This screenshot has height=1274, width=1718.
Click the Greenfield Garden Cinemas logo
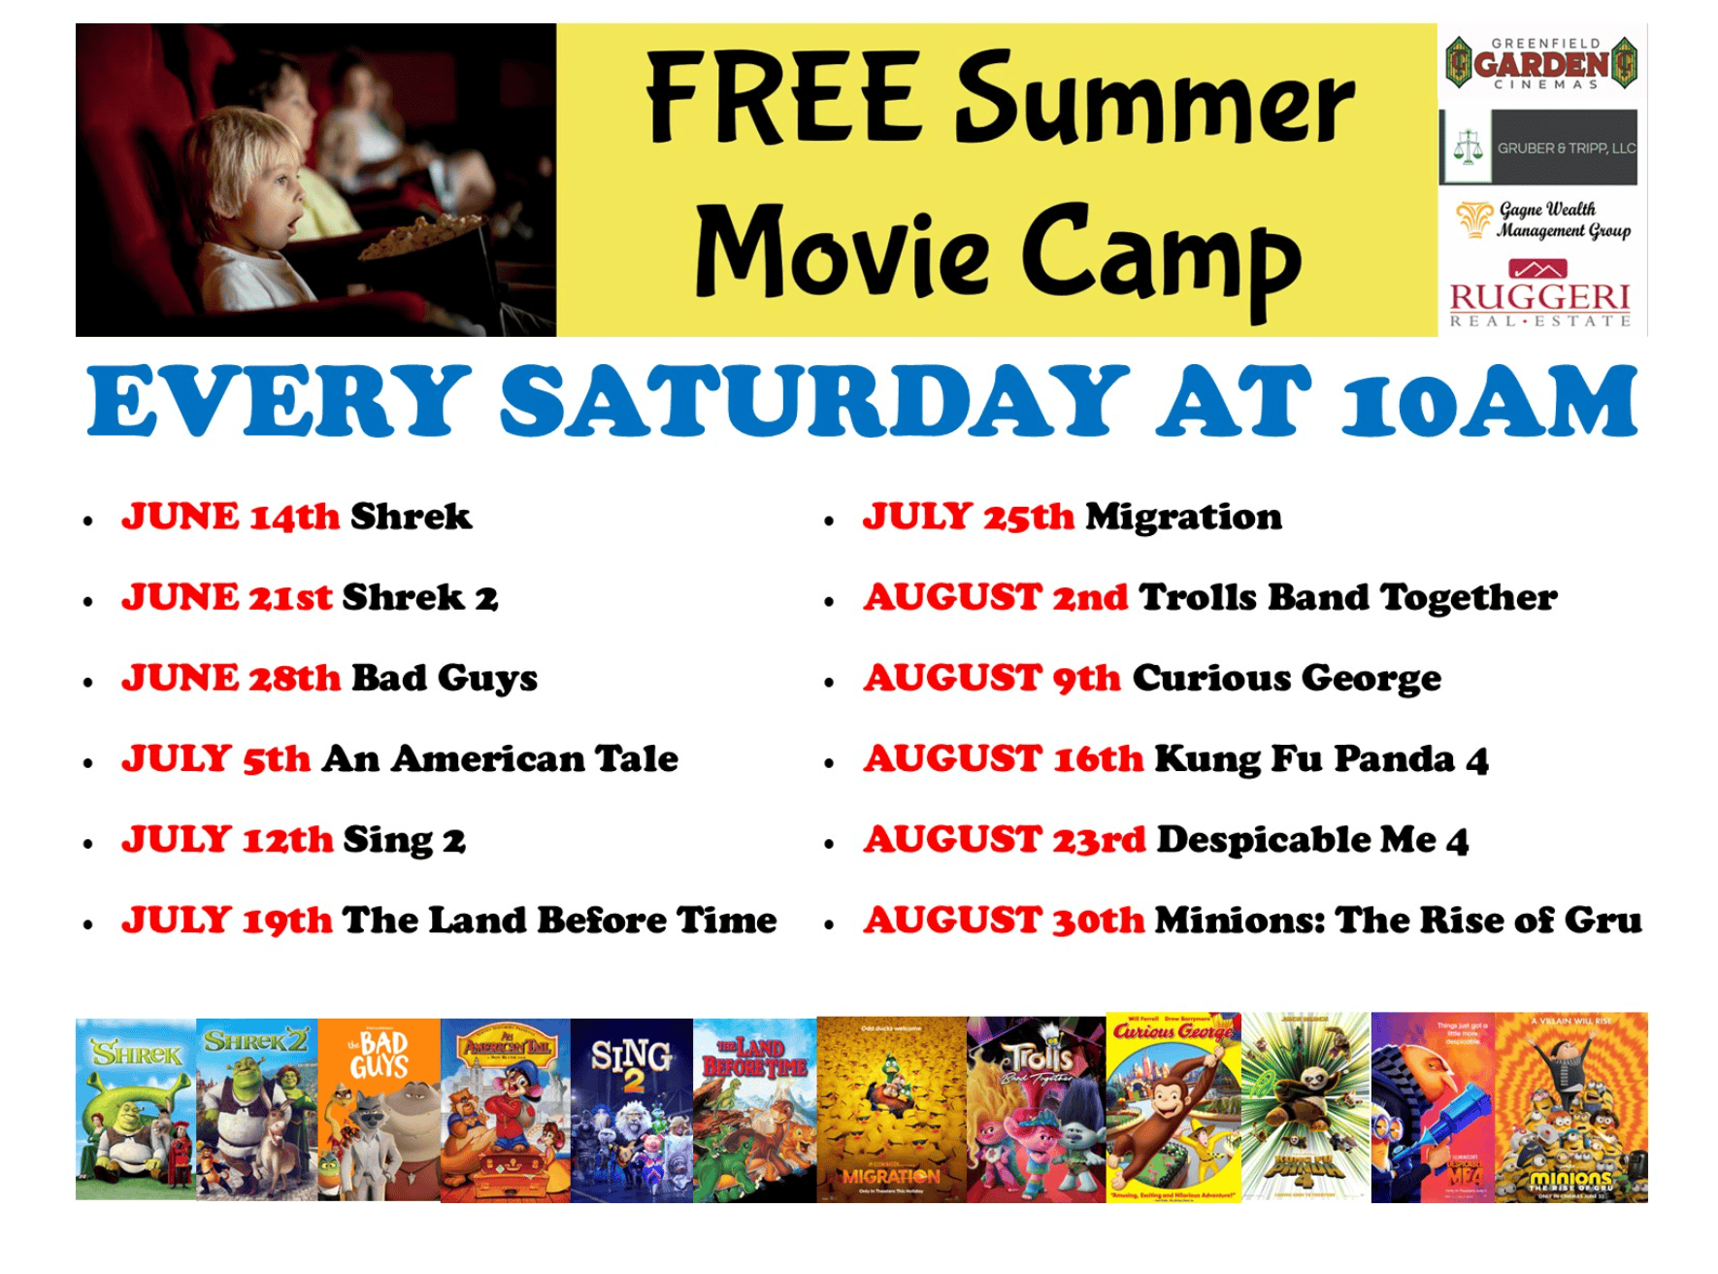pos(1541,64)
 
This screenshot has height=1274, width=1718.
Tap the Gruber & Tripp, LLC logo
pos(1539,148)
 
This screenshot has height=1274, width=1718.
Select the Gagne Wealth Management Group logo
pos(1543,220)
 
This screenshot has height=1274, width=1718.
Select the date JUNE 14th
pos(230,517)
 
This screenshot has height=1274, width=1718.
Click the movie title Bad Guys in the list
pos(444,678)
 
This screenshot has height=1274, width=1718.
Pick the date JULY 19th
pos(226,920)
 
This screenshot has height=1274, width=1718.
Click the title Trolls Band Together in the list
pos(1347,597)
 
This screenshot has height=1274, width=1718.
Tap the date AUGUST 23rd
pos(1005,839)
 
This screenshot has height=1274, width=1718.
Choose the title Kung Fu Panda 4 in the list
pos(1321,758)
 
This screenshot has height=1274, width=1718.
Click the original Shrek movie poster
pos(136,1108)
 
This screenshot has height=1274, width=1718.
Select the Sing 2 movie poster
pos(632,1110)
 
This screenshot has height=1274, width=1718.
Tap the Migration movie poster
pos(891,1110)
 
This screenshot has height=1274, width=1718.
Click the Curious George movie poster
pos(1173,1108)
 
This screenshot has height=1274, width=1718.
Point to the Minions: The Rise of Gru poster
pos(1570,1108)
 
